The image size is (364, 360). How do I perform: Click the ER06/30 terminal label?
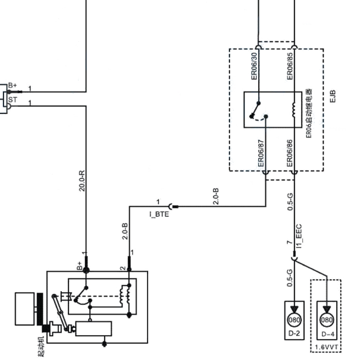(255, 67)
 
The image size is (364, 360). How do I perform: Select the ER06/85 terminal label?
(290, 67)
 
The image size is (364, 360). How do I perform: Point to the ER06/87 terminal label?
(261, 153)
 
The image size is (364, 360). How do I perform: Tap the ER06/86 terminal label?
(290, 153)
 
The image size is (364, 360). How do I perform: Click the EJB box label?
(332, 96)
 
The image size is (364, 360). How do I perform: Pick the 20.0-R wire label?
(82, 181)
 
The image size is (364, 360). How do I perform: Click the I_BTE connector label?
(159, 214)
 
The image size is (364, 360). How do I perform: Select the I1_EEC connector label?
(299, 236)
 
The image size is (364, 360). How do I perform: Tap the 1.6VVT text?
(326, 348)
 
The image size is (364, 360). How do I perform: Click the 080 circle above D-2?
(294, 320)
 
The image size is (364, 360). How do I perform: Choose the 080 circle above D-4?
(327, 320)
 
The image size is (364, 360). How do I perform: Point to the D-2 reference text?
(294, 333)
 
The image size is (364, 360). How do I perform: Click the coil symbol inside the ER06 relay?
(294, 110)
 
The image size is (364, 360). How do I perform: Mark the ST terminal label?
(12, 100)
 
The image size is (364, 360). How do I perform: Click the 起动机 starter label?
(40, 346)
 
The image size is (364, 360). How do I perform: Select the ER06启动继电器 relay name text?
(309, 113)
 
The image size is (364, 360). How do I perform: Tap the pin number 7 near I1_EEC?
(290, 242)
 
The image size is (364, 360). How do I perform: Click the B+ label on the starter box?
(79, 266)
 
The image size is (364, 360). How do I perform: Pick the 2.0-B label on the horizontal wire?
(216, 197)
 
